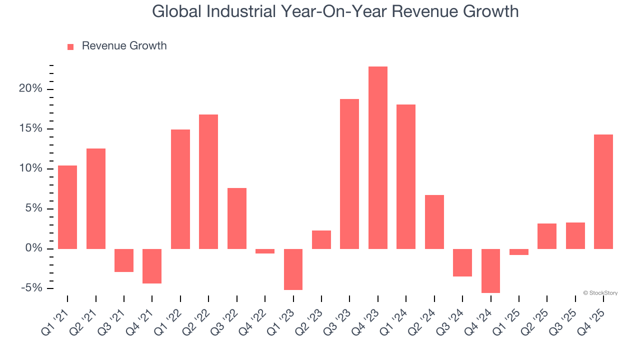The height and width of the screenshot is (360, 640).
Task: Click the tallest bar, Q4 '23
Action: [377, 157]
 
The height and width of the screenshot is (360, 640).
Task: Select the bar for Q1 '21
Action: [67, 207]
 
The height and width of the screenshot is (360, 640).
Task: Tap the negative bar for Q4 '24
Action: [490, 270]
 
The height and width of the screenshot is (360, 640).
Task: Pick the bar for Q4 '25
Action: [603, 191]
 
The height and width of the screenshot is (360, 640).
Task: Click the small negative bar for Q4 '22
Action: [265, 251]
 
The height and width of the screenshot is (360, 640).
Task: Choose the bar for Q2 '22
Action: [208, 181]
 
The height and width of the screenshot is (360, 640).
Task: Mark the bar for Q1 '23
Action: [293, 269]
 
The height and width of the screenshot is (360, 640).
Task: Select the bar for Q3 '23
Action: [349, 173]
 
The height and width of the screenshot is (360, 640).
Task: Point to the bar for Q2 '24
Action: [434, 221]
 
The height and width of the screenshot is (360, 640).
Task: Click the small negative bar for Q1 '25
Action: [518, 252]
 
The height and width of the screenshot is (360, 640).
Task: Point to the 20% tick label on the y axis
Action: [31, 89]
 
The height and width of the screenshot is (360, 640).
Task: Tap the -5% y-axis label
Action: [32, 288]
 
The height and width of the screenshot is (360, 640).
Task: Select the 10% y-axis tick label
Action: [31, 168]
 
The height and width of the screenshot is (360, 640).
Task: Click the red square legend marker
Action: [70, 46]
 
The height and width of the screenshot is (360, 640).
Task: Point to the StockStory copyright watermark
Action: [600, 293]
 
